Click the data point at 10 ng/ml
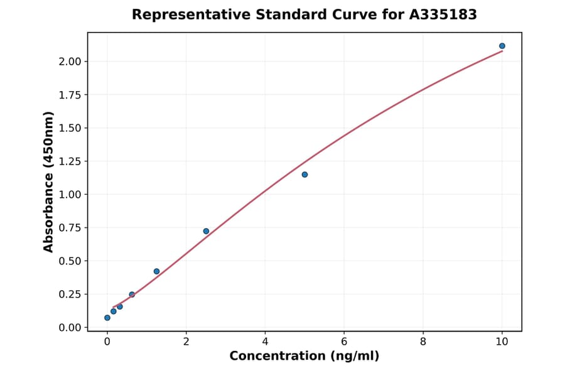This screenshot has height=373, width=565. tap(502, 46)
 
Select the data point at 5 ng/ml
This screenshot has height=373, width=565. tap(304, 175)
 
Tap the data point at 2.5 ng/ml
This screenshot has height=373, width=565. tap(206, 231)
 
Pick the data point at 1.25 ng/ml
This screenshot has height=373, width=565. tap(156, 271)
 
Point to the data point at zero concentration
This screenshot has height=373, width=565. tap(107, 318)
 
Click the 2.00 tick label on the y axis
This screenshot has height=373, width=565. tap(70, 62)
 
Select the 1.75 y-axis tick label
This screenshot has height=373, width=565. tap(70, 95)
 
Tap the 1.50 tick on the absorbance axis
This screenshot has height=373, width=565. tap(70, 128)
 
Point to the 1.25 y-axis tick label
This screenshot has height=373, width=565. tap(70, 161)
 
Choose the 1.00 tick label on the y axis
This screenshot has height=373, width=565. tap(70, 195)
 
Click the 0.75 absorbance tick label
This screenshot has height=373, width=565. tap(70, 228)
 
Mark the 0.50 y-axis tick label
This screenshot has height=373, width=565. tap(70, 261)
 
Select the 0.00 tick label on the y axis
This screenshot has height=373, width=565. tap(70, 328)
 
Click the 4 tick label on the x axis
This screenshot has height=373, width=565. tap(265, 342)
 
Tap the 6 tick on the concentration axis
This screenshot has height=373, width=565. tap(344, 342)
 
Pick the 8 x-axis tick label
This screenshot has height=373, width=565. tap(423, 342)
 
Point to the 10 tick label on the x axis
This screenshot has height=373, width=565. tap(502, 342)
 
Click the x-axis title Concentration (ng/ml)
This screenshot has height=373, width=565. tap(304, 357)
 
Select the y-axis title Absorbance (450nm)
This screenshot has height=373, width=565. tap(49, 182)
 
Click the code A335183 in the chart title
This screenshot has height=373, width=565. tap(444, 14)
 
